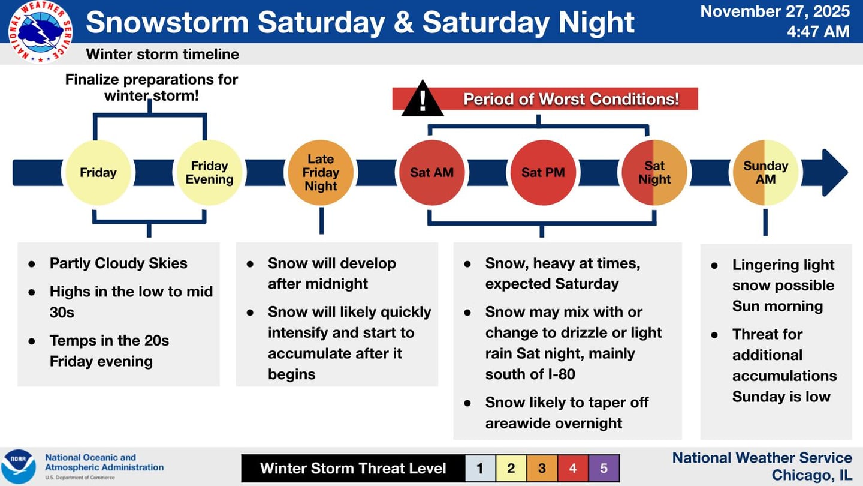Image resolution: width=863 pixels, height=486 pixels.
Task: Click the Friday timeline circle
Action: point(98,173)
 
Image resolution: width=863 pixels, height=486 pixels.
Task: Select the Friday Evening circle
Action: point(209,173)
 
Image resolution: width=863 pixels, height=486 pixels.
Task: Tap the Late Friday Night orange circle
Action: point(321,173)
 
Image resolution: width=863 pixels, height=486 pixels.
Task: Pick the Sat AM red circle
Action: point(431,173)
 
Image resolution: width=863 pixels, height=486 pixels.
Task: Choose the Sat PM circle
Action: point(543,173)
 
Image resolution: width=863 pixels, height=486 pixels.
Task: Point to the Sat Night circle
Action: point(654,173)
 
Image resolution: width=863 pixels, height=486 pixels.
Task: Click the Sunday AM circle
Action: point(765,173)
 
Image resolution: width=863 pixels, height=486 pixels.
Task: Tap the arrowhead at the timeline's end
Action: point(833,173)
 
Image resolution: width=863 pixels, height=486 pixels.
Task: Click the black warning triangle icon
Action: point(423,99)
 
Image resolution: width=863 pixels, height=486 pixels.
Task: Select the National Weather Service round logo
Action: point(41,31)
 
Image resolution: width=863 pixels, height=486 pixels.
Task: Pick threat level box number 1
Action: point(480,468)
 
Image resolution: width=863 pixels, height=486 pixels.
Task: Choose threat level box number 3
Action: point(542,468)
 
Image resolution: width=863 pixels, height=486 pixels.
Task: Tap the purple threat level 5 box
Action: point(604,468)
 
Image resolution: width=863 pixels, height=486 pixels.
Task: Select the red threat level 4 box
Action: point(573,468)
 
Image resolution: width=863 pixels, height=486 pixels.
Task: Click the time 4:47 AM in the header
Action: point(818,31)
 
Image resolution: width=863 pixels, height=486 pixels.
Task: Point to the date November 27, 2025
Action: point(775,11)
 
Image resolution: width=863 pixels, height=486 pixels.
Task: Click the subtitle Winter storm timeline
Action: point(162,54)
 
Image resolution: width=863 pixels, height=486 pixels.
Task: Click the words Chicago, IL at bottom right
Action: point(811,475)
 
